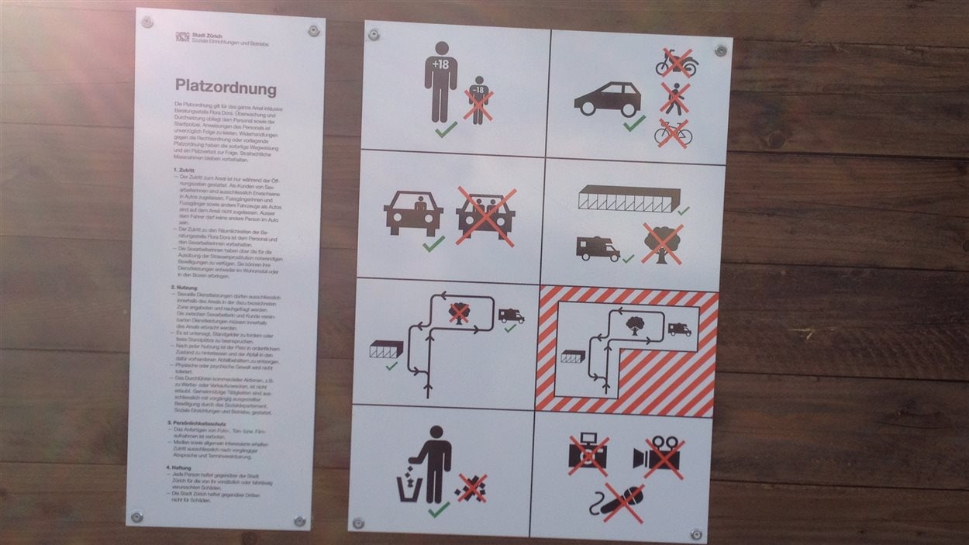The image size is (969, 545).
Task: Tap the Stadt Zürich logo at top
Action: pos(182,36)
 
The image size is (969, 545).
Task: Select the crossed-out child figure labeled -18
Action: pos(478,101)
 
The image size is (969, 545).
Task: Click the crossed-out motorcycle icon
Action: pos(676,63)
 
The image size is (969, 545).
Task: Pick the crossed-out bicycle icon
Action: pos(672,133)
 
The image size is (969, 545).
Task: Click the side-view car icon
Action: pos(608,99)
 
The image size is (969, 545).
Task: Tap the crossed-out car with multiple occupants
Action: pos(486,215)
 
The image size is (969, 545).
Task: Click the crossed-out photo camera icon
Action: pos(588,455)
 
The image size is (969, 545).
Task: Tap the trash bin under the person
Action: pos(410,489)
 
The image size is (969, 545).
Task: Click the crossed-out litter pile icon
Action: pos(471,488)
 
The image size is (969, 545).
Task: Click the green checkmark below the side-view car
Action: pos(634,123)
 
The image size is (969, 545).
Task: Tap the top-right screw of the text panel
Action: pos(313,30)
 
